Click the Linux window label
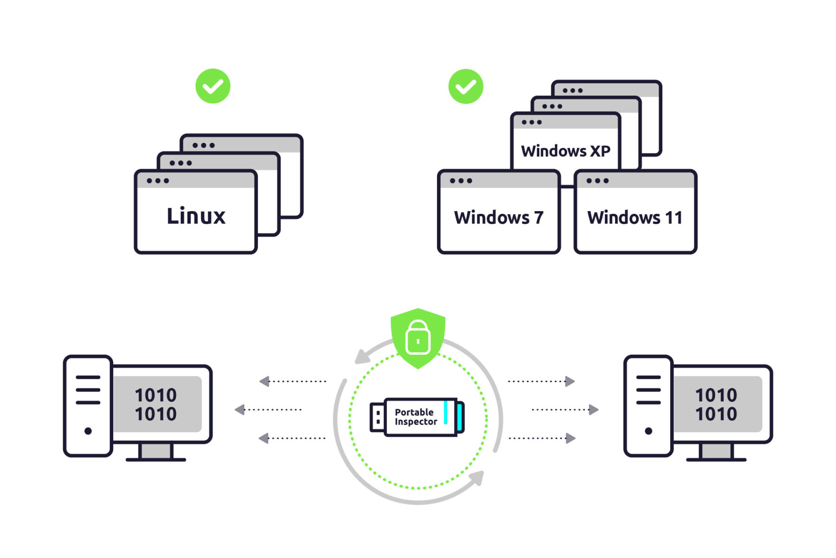[196, 216]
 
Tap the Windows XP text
[565, 151]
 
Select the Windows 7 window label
[498, 218]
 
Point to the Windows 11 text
[634, 218]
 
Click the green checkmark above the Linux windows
[213, 86]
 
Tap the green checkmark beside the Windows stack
[465, 86]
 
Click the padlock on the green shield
[418, 338]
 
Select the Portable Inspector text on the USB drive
[415, 417]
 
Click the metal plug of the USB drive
[377, 417]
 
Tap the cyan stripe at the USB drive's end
[459, 417]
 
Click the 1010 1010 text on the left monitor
[156, 405]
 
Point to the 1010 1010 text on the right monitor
[716, 405]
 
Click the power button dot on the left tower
[88, 431]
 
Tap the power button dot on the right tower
[648, 431]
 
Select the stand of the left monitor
[156, 452]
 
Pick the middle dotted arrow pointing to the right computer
[566, 410]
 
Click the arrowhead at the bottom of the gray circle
[477, 478]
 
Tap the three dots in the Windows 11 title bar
[597, 181]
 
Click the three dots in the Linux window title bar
[157, 181]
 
